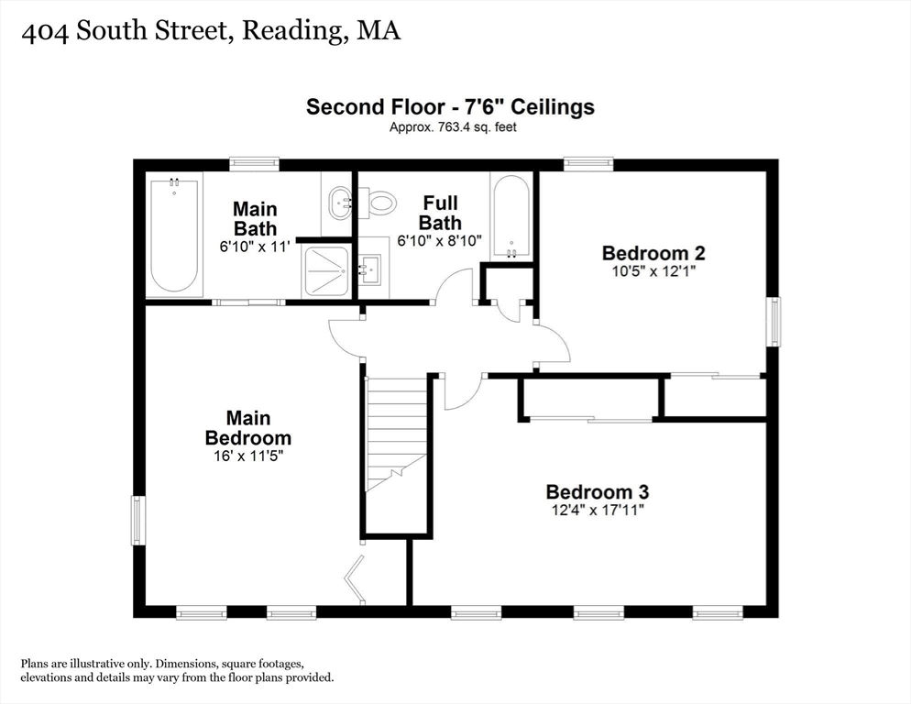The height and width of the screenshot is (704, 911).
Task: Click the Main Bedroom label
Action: tap(248, 428)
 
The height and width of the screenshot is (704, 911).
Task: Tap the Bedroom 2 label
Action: tap(653, 254)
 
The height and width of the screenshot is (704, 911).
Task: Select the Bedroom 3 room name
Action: tap(598, 492)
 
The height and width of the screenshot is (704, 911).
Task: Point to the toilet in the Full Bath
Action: tap(377, 203)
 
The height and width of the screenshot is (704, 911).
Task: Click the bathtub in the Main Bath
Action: tap(174, 235)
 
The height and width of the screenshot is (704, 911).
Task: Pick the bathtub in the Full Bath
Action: tap(510, 217)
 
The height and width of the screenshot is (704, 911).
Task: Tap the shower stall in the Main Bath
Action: tap(325, 271)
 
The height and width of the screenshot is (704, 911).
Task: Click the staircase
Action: tap(396, 433)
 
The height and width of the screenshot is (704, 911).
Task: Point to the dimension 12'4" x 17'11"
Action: tap(598, 511)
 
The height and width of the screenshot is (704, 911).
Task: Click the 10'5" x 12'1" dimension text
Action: tap(653, 271)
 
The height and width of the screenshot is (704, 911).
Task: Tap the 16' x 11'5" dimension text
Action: tap(248, 456)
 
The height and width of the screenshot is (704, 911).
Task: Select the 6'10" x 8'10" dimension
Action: tap(440, 241)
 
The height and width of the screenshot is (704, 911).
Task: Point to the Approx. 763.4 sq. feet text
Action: tap(453, 126)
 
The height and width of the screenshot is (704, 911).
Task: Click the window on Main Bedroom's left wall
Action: tap(138, 521)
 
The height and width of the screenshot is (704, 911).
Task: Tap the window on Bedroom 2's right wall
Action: tap(774, 322)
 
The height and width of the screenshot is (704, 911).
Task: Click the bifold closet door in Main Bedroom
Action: tap(354, 579)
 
